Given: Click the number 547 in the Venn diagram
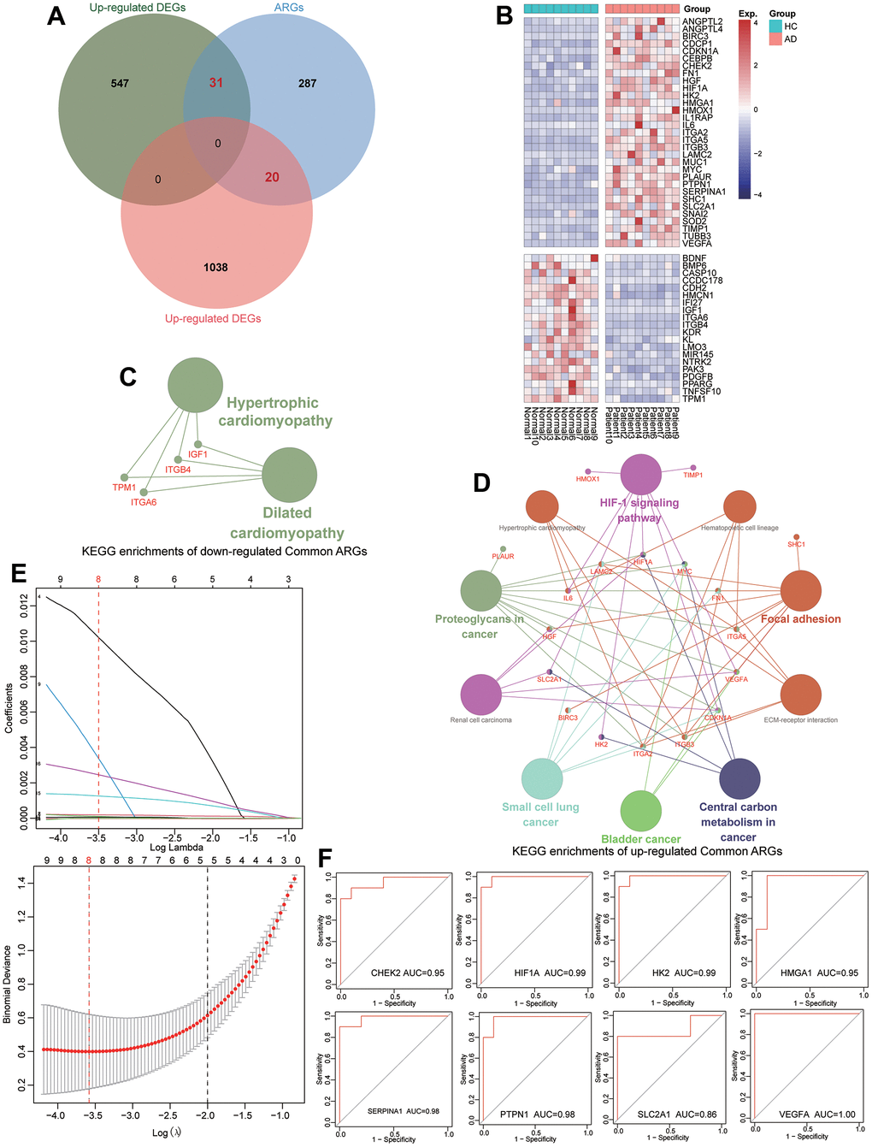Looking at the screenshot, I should pos(120,83).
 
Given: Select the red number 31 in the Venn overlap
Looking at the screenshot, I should pos(216,83).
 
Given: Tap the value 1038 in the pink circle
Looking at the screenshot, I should pos(215,267).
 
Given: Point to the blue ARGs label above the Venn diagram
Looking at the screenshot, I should pos(289,8).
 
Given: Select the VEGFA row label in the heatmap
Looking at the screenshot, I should pos(697,244).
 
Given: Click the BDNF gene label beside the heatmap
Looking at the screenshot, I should pos(694,258).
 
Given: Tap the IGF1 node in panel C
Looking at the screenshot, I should pos(198,444).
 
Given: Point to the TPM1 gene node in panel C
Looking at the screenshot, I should pos(125,477).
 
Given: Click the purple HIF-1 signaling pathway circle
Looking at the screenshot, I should pos(640,475).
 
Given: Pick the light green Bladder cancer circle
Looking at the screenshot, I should pos(640,810).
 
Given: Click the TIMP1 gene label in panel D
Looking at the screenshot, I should pos(692,475).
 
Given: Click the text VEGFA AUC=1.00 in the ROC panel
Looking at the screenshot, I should pos(810,1114).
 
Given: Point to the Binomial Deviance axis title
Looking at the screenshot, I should pos(9,984).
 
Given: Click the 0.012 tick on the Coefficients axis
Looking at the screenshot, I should pos(25,606).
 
